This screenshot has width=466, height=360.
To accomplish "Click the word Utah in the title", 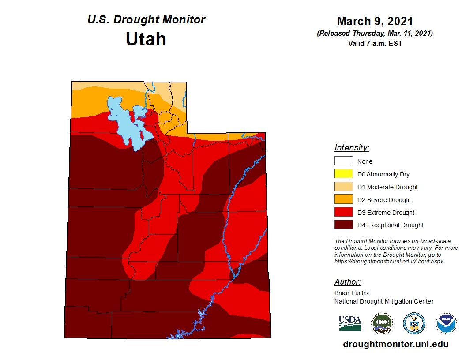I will [x=146, y=39].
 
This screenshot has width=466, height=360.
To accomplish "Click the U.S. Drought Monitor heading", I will [x=146, y=20].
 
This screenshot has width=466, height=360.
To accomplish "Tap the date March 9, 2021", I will [x=375, y=21].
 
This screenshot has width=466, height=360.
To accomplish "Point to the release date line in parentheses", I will [x=375, y=34].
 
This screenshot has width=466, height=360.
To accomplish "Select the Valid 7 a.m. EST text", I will [x=375, y=43].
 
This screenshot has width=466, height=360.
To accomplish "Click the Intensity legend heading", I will [x=352, y=148].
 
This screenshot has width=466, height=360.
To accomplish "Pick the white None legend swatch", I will [x=344, y=161].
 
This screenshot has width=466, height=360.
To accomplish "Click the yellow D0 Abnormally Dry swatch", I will [x=344, y=174].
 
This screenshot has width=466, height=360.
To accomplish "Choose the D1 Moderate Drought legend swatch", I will [x=344, y=187].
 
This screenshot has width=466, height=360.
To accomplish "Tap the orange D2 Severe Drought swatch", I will [x=344, y=200].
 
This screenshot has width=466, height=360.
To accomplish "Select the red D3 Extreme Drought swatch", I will [x=344, y=213].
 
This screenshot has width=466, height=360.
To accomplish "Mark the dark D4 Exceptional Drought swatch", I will [x=344, y=225].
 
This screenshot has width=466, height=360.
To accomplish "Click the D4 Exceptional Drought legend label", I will [x=391, y=225].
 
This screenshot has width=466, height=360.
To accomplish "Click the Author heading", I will [x=347, y=282].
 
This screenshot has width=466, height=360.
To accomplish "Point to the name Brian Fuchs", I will [x=351, y=293].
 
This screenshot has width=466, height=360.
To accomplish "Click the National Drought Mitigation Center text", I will [x=384, y=301].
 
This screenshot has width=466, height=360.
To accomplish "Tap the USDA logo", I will [x=350, y=323].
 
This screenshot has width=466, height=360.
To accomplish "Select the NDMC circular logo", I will [x=382, y=323].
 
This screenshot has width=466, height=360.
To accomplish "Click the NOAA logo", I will [x=446, y=323].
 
